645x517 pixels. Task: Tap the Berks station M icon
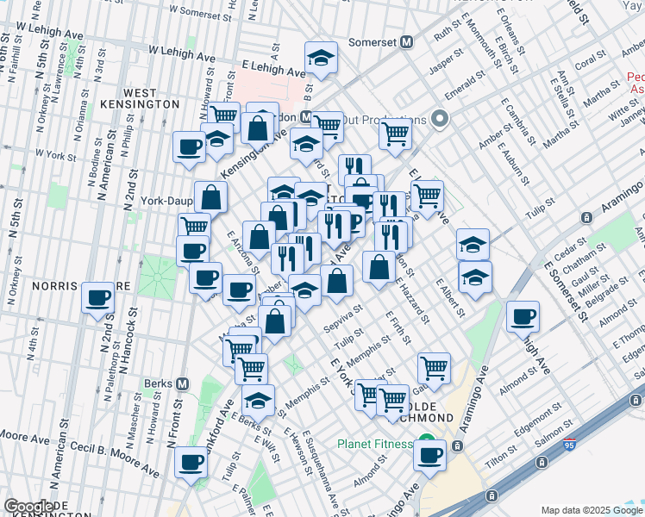pyautogui.click(x=182, y=383)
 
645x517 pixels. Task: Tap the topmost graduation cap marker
pyautogui.click(x=322, y=58)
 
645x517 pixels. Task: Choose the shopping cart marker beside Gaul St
pyautogui.click(x=434, y=368)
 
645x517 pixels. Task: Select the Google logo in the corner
pyautogui.click(x=28, y=507)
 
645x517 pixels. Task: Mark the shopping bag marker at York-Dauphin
pyautogui.click(x=210, y=197)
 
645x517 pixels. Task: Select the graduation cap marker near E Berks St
pyautogui.click(x=258, y=400)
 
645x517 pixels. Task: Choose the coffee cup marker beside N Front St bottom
pyautogui.click(x=191, y=461)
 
